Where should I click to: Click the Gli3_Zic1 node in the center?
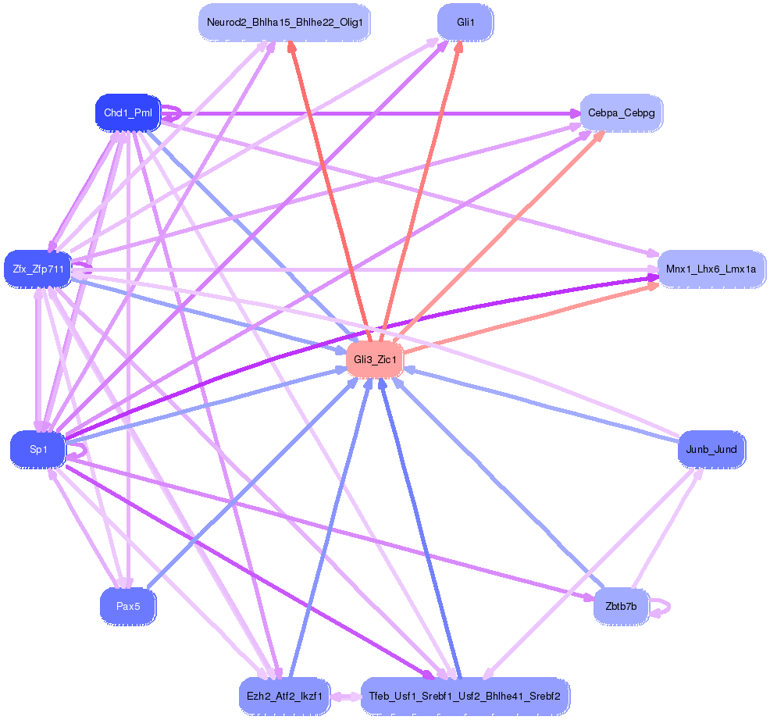[x=375, y=359]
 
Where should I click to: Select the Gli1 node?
[x=465, y=22]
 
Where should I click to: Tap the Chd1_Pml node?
[x=128, y=113]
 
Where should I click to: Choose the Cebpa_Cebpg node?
[x=621, y=113]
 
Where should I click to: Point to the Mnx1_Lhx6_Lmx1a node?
[x=711, y=269]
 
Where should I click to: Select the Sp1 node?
[x=38, y=450]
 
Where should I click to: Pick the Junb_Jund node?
[x=711, y=449]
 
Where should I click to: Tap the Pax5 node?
[x=128, y=606]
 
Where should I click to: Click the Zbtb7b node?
[x=621, y=606]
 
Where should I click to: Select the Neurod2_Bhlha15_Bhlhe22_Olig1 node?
[x=284, y=22]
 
